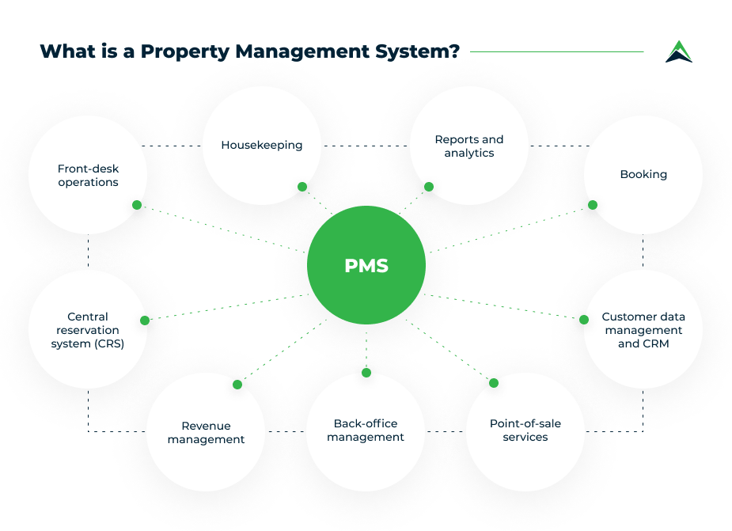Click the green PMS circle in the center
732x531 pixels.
366,266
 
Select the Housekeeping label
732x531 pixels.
262,146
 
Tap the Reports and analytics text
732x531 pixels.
468,146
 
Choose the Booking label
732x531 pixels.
643,174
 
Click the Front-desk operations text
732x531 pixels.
88,176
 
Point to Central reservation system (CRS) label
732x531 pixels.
87,331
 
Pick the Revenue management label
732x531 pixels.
206,433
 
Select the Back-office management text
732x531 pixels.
366,430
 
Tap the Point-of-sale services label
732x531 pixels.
525,430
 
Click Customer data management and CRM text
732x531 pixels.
643,331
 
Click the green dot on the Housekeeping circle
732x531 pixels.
302,187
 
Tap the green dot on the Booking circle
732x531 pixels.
593,205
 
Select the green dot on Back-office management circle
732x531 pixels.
366,373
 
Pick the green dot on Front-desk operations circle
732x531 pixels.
137,205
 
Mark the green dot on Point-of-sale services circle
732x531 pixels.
494,383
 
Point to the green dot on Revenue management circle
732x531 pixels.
237,385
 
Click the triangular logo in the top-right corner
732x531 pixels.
678,51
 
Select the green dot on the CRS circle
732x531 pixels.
145,320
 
